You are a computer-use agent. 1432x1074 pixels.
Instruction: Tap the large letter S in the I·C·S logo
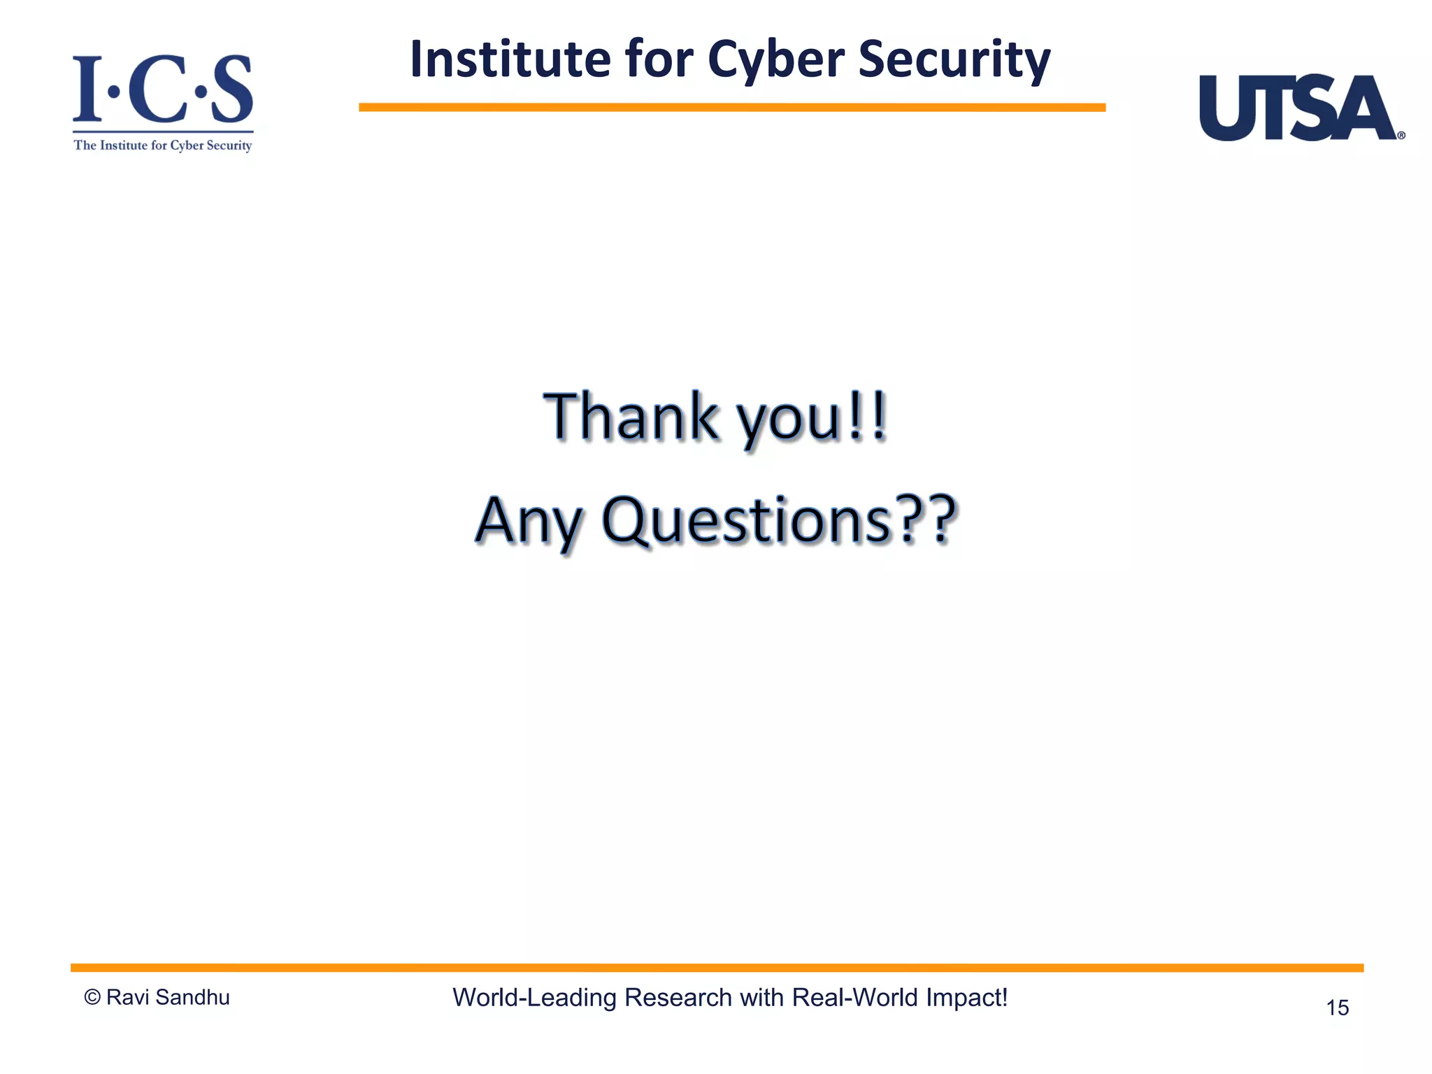pyautogui.click(x=231, y=89)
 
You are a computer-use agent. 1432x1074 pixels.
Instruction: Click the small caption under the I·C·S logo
pyautogui.click(x=163, y=145)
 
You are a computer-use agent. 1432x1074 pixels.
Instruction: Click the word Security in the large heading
pyautogui.click(x=954, y=59)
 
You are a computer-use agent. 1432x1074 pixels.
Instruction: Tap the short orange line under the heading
pyautogui.click(x=731, y=108)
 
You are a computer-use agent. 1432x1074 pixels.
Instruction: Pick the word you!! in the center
pyautogui.click(x=812, y=418)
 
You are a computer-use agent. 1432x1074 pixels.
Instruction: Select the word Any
pyautogui.click(x=528, y=521)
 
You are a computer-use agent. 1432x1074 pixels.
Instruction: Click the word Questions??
pyautogui.click(x=778, y=521)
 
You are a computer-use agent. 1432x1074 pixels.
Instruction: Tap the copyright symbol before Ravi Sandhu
pyautogui.click(x=92, y=998)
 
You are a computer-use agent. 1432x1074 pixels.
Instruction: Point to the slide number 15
pyautogui.click(x=1337, y=1008)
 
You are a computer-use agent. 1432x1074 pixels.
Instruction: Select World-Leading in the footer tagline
pyautogui.click(x=534, y=998)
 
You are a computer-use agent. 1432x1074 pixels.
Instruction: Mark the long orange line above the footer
pyautogui.click(x=717, y=968)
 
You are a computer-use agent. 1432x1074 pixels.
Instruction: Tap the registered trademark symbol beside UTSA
pyautogui.click(x=1401, y=136)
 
